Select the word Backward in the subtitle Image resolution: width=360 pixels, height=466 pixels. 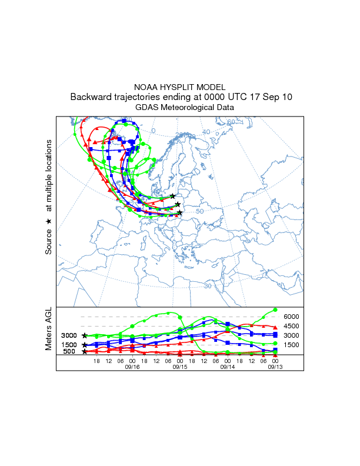(89, 96)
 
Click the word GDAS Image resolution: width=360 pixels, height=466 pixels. (146, 108)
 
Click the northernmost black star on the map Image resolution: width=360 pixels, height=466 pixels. (172, 196)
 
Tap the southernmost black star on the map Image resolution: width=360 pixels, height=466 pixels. (179, 213)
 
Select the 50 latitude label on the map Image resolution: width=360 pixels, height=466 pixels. (199, 211)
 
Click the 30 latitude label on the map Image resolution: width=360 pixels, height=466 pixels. (208, 286)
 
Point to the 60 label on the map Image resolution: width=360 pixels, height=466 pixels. (231, 122)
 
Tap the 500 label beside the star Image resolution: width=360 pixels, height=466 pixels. (68, 352)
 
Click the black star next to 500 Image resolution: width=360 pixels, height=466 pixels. (85, 352)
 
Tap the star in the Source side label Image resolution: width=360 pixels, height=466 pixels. (49, 221)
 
